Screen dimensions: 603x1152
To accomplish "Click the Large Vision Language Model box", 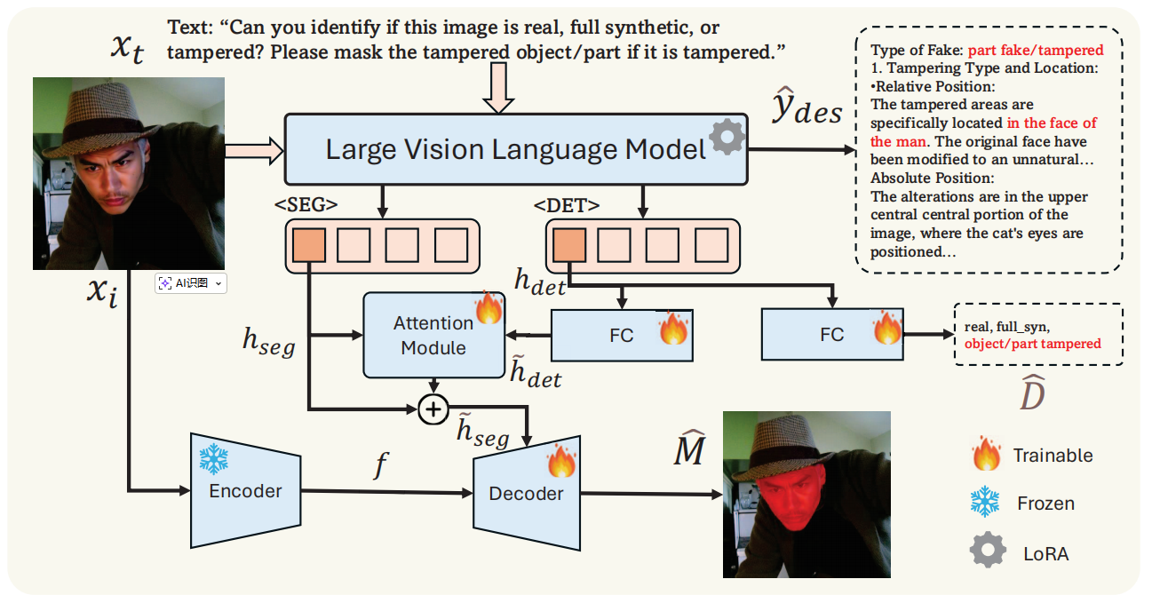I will coord(515,149).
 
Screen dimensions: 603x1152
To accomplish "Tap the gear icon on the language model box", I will coord(727,137).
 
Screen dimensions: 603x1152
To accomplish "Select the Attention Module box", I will coord(433,334).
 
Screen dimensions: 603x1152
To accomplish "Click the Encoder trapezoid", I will coord(245,490).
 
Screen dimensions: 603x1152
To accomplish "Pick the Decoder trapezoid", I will coord(526,493).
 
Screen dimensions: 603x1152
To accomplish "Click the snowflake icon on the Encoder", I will coord(213,459).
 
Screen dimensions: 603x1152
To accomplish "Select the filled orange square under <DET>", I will coord(568,245).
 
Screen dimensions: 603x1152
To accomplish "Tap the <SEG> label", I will coord(306,204).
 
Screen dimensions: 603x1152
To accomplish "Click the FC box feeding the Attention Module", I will coord(621,336).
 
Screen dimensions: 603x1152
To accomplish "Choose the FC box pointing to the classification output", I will coord(831,334).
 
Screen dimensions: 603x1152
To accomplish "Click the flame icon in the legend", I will coord(985,456).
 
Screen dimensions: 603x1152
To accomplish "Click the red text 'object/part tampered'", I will coord(1032,344).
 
